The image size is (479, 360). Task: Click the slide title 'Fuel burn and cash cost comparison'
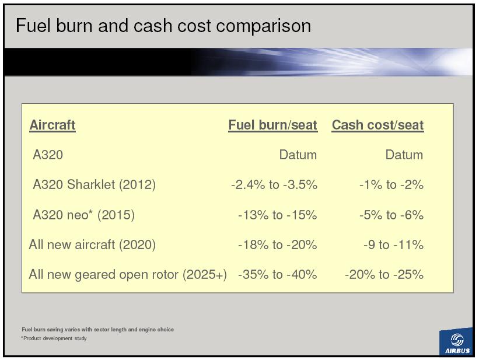coord(163,25)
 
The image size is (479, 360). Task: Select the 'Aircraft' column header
coord(53,125)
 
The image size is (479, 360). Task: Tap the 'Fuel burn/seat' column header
coord(273,125)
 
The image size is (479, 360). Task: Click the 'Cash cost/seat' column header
coord(377,125)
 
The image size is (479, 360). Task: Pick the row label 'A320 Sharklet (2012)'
coord(94,184)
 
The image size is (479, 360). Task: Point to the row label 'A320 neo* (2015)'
coord(83,215)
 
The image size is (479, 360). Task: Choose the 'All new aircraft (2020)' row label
coord(92,245)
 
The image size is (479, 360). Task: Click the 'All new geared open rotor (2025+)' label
coord(128,275)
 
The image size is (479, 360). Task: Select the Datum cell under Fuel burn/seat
coord(298,155)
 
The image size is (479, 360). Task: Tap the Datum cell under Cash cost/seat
coord(404,155)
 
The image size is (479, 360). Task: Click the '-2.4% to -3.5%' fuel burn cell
coord(274,184)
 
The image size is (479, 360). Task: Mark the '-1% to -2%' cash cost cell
coord(391,184)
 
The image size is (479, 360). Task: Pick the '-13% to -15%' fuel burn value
coord(277,215)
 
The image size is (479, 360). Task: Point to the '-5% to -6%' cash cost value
coord(391,215)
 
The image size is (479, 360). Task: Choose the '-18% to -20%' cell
coord(277,245)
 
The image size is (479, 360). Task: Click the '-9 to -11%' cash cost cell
coord(393,245)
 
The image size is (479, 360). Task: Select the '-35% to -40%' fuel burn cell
coord(277,274)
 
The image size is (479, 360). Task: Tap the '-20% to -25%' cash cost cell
coord(384,274)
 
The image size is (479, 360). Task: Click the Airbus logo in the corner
coord(457,342)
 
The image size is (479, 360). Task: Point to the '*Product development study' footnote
coord(54,338)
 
